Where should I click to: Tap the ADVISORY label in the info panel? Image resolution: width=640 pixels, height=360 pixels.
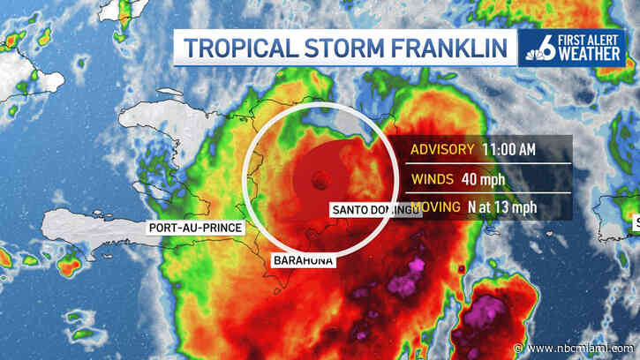tap(444, 149)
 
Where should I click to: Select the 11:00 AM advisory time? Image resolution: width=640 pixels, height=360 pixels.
tap(508, 149)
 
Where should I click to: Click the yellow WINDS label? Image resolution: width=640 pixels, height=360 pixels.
tap(431, 178)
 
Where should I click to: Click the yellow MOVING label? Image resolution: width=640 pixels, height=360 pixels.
tap(436, 207)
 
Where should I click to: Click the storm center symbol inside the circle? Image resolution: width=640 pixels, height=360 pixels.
tap(319, 181)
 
